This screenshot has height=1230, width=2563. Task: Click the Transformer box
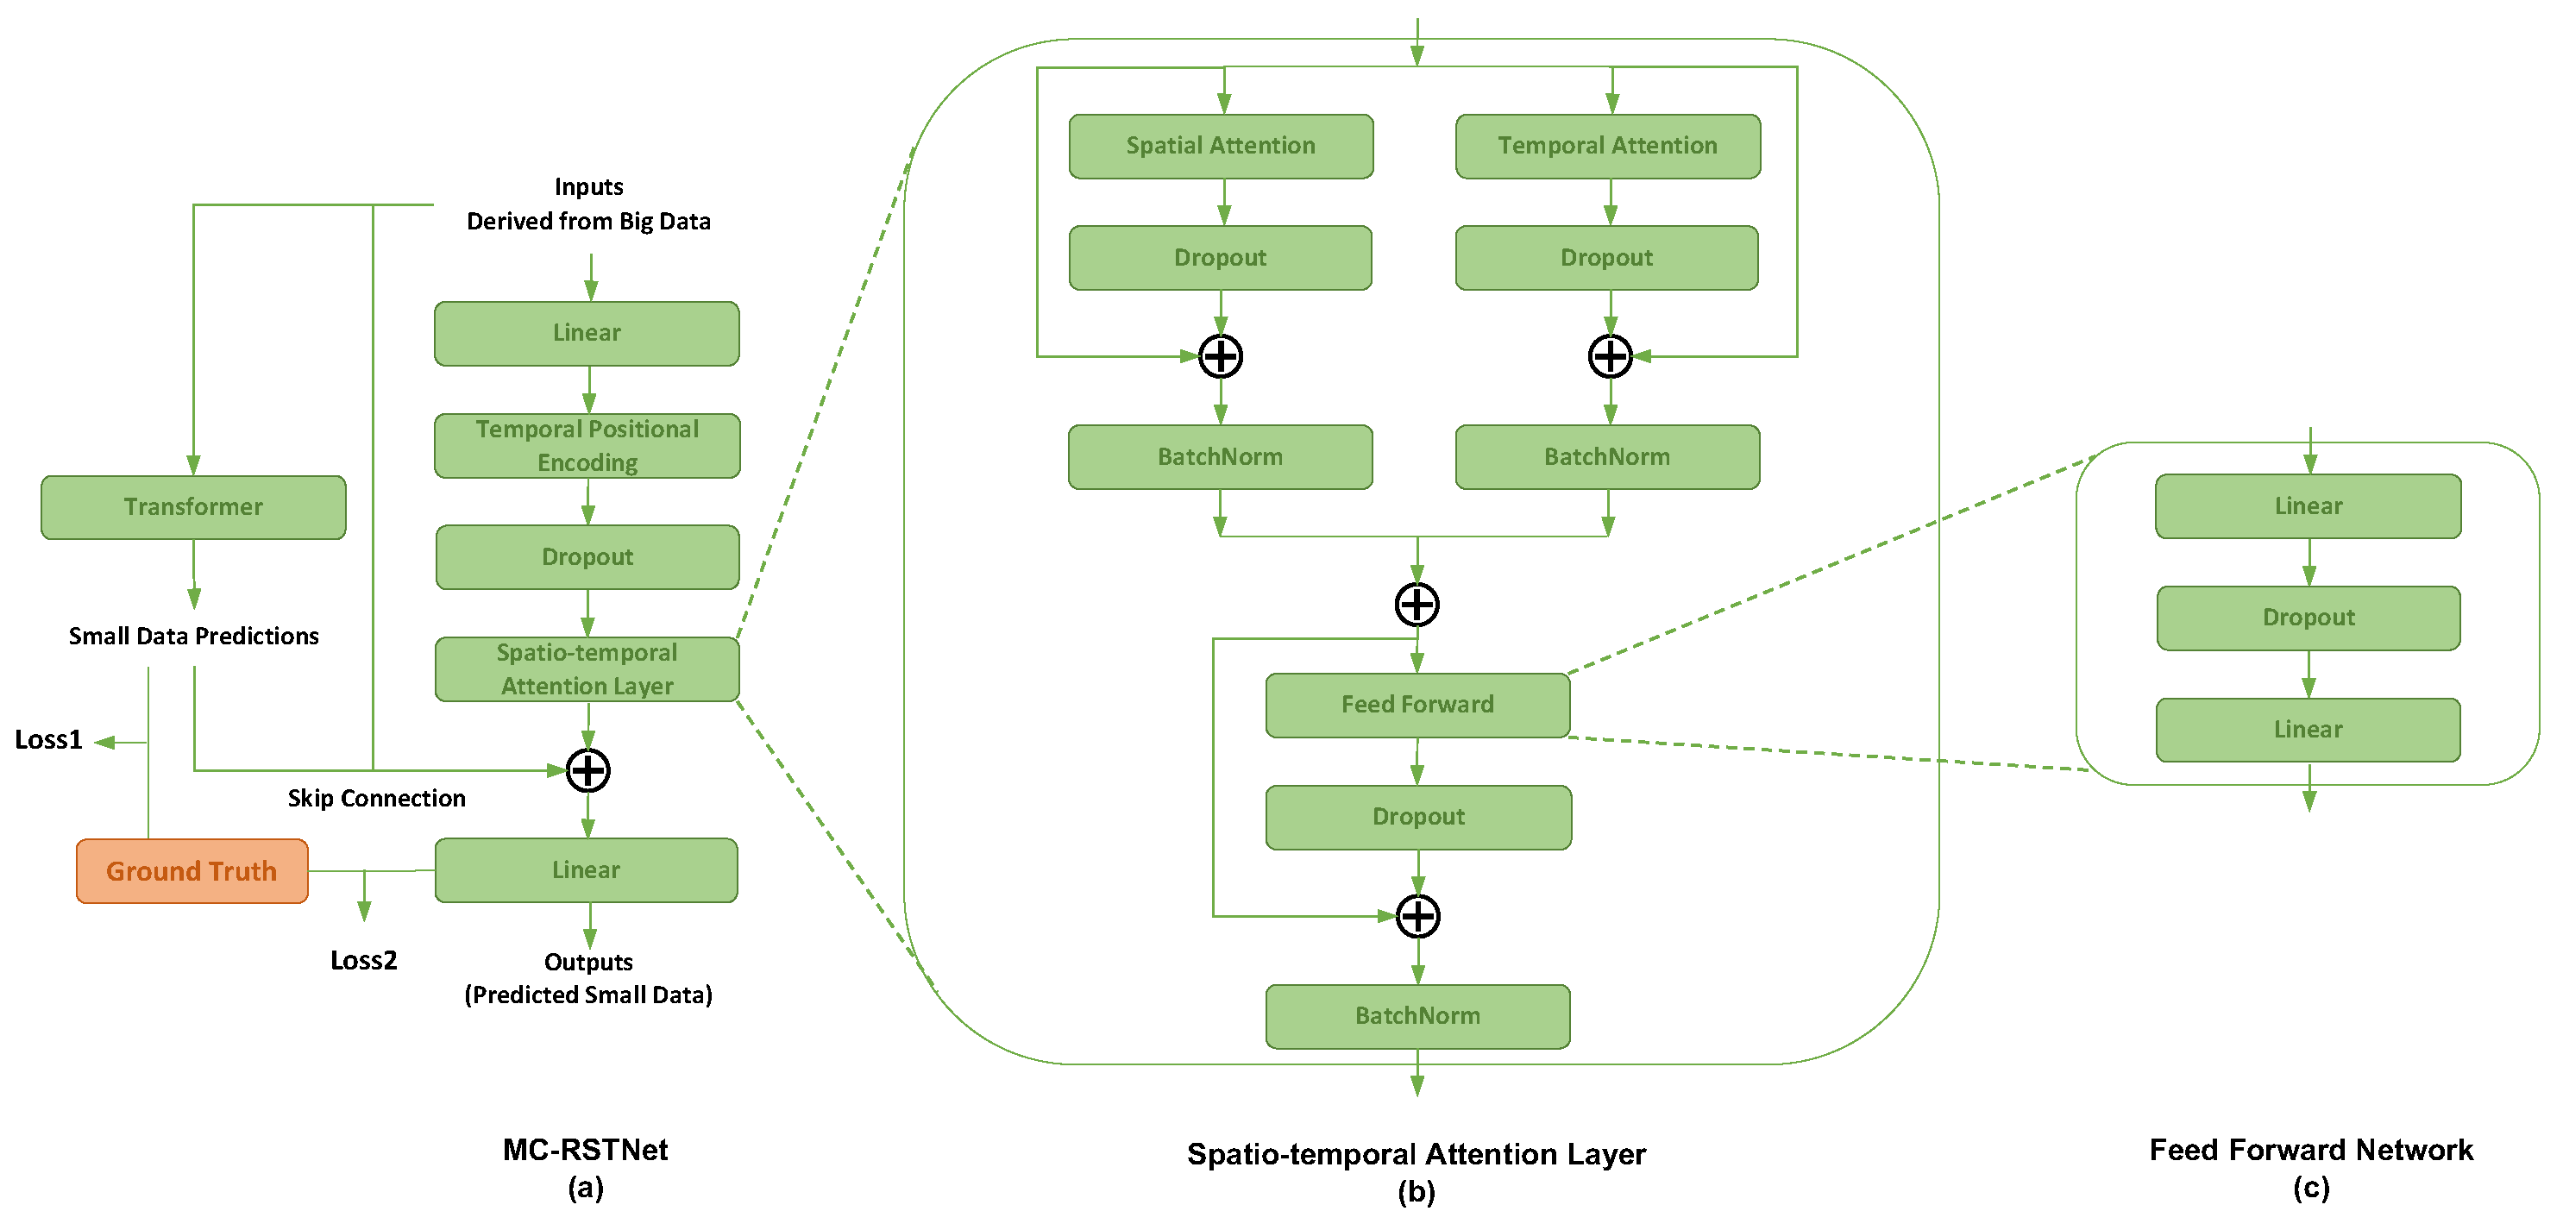(193, 507)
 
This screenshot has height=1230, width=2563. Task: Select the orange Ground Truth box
(192, 871)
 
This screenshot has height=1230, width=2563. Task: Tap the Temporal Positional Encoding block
(587, 446)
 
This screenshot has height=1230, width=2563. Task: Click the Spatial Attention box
(1221, 147)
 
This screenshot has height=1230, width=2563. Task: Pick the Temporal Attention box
(1608, 147)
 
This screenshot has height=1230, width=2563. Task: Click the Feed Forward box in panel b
(1418, 705)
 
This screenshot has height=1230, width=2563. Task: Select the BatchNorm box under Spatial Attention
(1221, 457)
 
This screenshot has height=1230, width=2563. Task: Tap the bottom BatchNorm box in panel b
(1418, 1016)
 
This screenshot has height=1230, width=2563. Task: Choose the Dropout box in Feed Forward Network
(2309, 618)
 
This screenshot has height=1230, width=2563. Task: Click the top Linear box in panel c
(2309, 506)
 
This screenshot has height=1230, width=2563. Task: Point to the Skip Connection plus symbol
(588, 770)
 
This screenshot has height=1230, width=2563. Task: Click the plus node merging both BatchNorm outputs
(1417, 604)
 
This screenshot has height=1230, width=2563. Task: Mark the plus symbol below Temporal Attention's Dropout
(1610, 356)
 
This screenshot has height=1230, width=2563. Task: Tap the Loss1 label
(47, 740)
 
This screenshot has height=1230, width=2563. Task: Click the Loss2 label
(363, 960)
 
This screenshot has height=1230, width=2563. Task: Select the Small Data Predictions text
(194, 636)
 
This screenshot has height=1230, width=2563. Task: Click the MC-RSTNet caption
(585, 1151)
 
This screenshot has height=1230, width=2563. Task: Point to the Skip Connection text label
(376, 798)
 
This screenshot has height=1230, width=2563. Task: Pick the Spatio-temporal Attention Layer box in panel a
(587, 669)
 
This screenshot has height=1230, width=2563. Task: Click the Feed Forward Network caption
(2310, 1151)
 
